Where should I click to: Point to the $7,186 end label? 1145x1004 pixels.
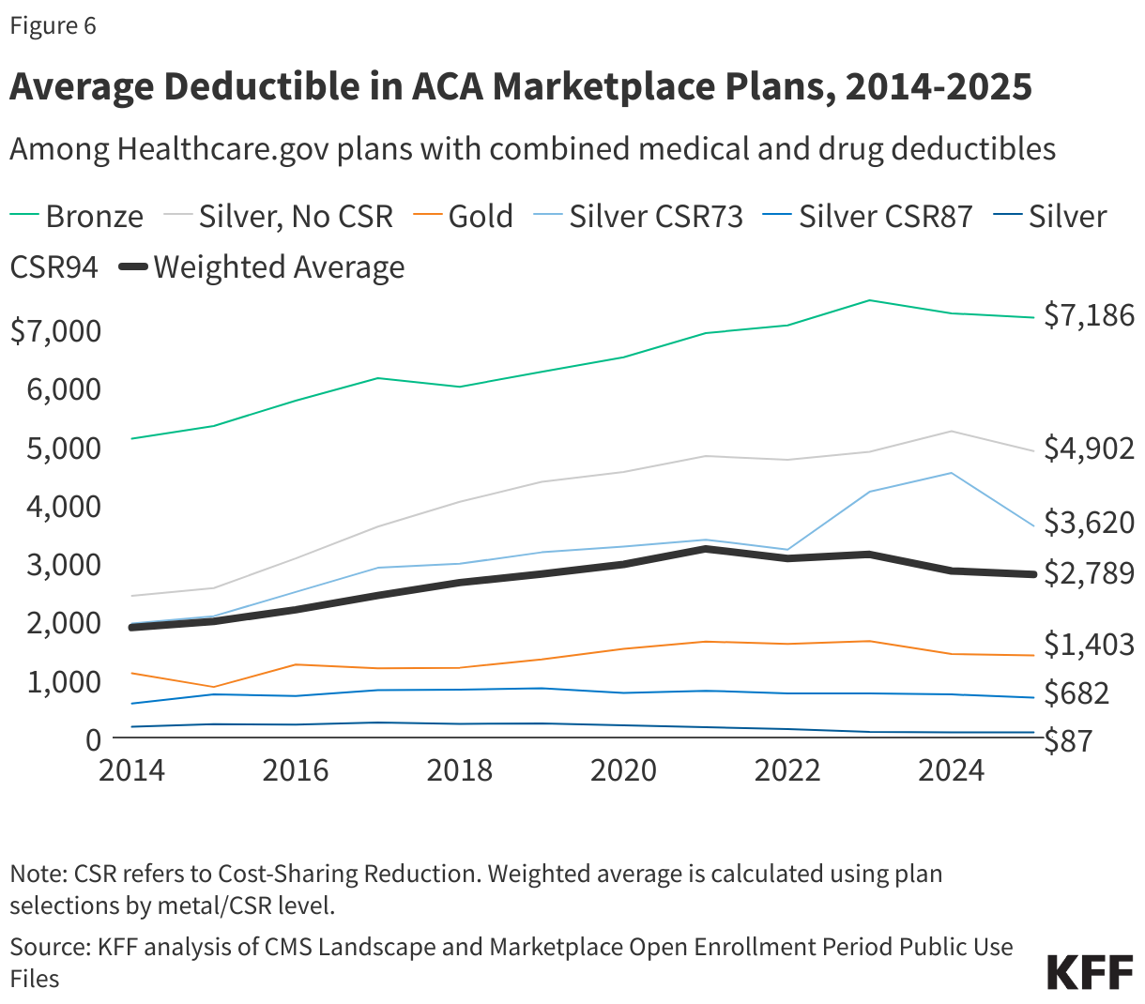[x=1089, y=316]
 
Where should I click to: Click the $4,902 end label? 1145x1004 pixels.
[x=1089, y=449]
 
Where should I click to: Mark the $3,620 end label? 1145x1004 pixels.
[x=1089, y=523]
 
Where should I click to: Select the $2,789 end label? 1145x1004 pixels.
[x=1089, y=573]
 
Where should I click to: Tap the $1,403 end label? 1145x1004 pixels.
[x=1089, y=645]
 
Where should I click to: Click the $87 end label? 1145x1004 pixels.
[x=1069, y=740]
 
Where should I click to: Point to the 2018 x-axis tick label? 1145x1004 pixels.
[x=459, y=770]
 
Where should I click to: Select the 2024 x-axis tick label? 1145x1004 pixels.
[x=951, y=770]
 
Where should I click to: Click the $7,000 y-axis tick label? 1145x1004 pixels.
[x=55, y=331]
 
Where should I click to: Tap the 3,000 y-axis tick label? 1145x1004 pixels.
[x=64, y=565]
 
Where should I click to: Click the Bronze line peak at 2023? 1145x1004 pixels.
[x=870, y=300]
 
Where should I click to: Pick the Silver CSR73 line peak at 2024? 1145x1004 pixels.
[x=952, y=473]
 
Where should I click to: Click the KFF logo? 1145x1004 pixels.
[x=1090, y=973]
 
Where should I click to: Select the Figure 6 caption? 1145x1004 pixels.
[x=53, y=25]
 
